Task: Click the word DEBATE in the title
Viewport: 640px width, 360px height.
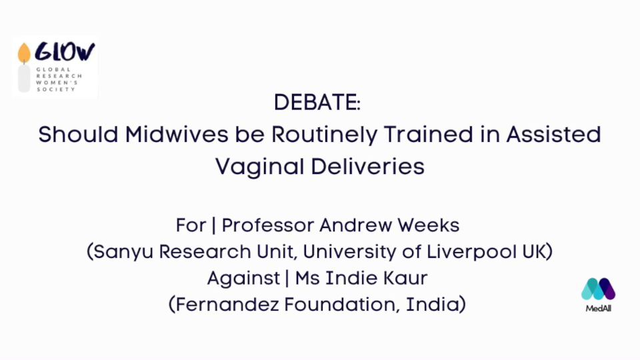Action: (315, 102)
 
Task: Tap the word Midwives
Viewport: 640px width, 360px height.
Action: (176, 134)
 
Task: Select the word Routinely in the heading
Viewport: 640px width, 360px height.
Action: (325, 135)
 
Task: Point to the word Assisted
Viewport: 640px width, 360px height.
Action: (553, 134)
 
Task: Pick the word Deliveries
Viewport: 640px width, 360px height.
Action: (368, 167)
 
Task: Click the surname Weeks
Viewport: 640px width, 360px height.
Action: (429, 225)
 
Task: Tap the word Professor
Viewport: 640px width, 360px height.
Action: (268, 225)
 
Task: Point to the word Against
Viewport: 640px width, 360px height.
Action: (244, 279)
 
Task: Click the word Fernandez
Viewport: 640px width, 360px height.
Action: (227, 305)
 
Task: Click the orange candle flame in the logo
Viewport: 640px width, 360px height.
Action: (24, 53)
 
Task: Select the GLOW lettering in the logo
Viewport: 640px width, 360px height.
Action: (65, 52)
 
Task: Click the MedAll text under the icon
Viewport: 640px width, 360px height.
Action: (599, 309)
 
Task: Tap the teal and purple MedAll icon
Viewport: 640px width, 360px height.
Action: (599, 289)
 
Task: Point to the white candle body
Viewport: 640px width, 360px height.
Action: (24, 79)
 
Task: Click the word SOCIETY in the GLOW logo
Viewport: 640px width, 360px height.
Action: (56, 89)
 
